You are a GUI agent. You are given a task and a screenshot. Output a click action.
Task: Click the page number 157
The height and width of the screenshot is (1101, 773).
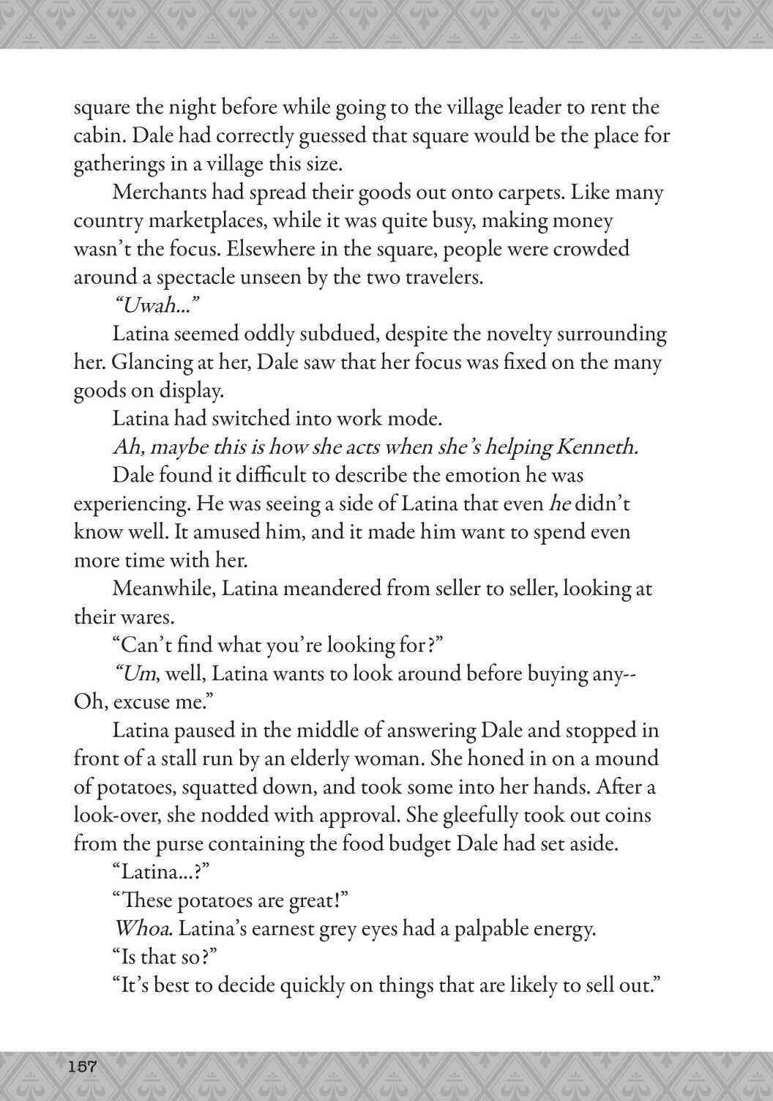coord(82,1066)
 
